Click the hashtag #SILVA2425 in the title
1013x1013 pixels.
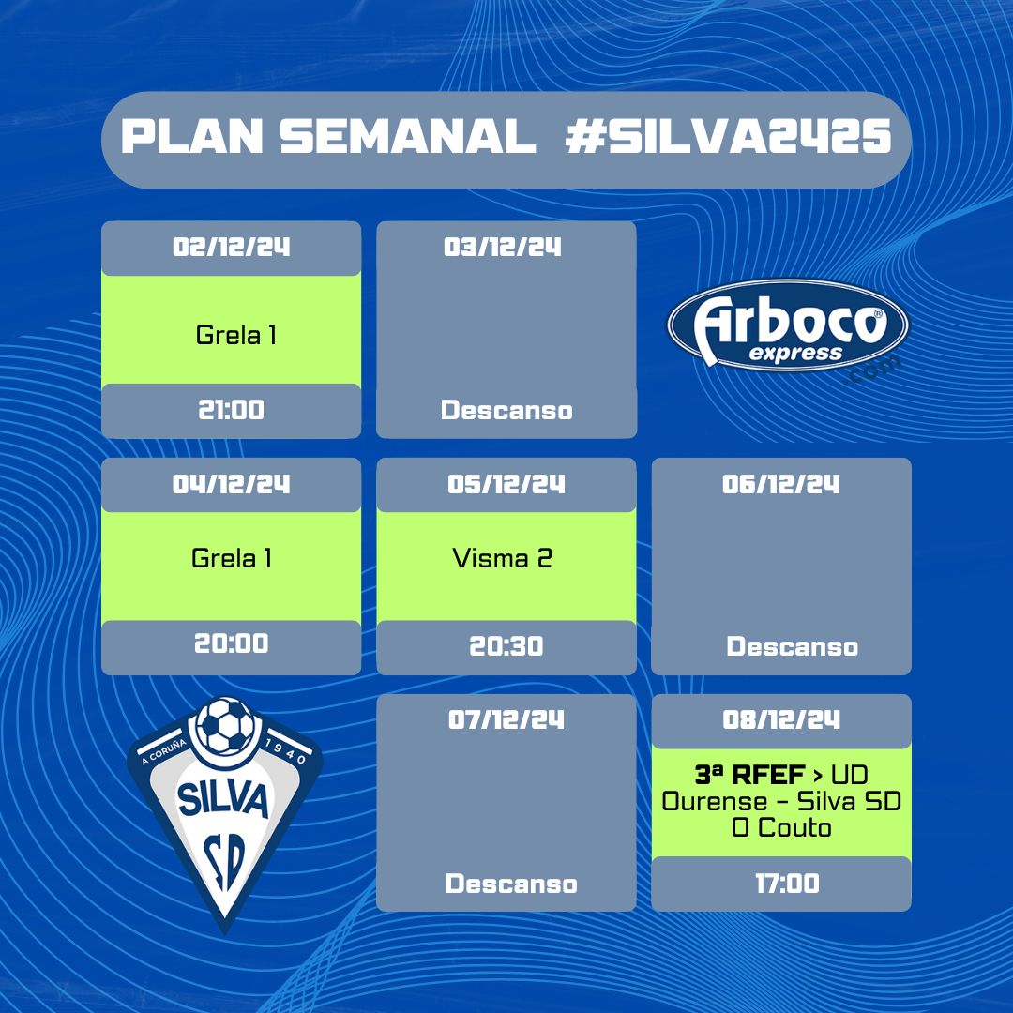coord(728,136)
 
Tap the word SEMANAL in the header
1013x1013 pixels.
coord(408,136)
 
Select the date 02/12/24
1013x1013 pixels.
coord(232,247)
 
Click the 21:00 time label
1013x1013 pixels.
coord(232,410)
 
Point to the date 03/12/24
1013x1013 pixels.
coord(503,247)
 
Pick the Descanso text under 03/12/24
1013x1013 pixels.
coord(506,410)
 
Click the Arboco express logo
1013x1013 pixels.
coord(788,327)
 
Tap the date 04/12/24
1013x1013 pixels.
coord(232,484)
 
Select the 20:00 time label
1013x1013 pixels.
coord(232,643)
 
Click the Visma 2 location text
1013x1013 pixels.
coord(502,558)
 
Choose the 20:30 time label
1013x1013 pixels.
coord(506,646)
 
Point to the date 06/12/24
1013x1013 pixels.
coord(781,484)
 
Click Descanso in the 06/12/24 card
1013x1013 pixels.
coord(792,646)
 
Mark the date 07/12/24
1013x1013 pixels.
coord(506,719)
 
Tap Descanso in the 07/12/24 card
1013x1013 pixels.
coord(511,884)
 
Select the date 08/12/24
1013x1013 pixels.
coord(781,719)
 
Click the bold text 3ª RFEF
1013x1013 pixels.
coord(749,774)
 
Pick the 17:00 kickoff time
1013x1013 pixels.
coord(788,884)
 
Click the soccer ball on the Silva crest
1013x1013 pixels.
coord(225,725)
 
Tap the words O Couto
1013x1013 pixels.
coord(781,827)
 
